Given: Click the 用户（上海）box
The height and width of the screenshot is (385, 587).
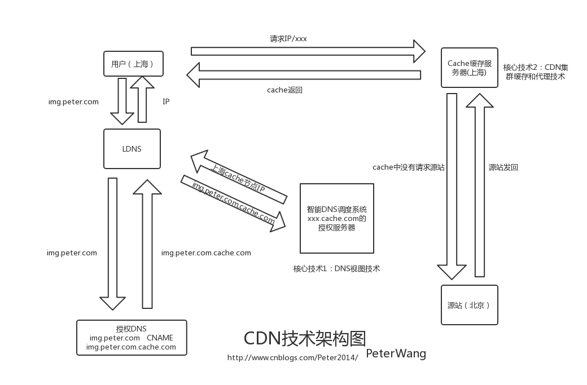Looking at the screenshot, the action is [133, 64].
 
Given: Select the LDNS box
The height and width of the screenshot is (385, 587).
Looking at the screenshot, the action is [132, 149].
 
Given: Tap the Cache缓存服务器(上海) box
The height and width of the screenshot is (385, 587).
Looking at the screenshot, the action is [470, 68].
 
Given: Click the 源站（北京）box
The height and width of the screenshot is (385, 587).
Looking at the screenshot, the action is [470, 305].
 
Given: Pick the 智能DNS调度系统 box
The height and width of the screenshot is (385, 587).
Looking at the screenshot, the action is [337, 218].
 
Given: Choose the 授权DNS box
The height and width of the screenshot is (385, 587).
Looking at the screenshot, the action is [132, 338].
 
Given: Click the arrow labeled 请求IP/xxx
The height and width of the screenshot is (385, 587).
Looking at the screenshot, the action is [308, 51].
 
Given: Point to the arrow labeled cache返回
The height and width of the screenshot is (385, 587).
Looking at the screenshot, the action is [304, 75].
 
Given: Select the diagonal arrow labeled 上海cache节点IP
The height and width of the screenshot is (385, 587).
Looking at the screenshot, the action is [239, 177].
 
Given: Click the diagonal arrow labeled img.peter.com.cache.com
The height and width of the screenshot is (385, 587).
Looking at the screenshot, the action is [233, 203].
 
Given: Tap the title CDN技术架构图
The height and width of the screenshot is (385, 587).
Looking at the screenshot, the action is [305, 338].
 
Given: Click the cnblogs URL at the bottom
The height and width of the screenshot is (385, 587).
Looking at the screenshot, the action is [292, 358].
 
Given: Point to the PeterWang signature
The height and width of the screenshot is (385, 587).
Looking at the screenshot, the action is [396, 353].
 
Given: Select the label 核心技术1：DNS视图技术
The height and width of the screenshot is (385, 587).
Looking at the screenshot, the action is [336, 268].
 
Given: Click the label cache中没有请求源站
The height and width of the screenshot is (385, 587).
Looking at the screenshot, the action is [409, 167].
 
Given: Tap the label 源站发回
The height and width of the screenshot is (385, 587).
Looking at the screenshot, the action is [503, 167].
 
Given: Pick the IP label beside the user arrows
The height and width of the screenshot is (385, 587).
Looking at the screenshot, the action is [166, 101].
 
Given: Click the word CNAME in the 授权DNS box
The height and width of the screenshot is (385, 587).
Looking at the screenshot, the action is [160, 338].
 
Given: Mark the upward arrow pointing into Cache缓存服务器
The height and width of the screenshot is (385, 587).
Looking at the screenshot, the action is [480, 185].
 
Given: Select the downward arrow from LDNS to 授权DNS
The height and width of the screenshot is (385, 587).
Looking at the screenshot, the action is [113, 244].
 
